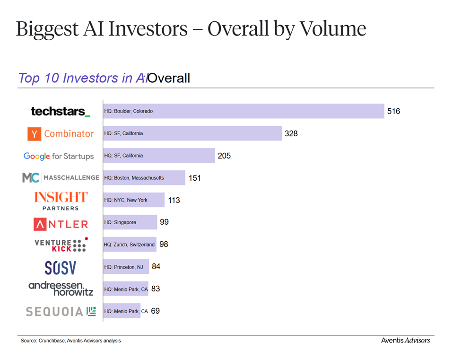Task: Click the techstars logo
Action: click(x=61, y=112)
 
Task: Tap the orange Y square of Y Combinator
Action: click(x=35, y=134)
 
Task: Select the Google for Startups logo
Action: click(x=59, y=156)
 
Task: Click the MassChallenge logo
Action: click(x=61, y=178)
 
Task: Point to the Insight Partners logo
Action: click(x=61, y=201)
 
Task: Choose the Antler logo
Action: click(x=61, y=224)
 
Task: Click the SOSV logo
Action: click(x=61, y=268)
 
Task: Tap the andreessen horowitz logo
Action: click(x=61, y=289)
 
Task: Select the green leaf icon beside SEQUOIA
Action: click(x=91, y=311)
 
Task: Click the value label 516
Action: click(x=393, y=111)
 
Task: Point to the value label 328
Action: click(x=291, y=133)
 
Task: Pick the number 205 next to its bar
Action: click(x=224, y=156)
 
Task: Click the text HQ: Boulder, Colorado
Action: click(x=129, y=111)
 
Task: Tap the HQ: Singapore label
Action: click(x=120, y=222)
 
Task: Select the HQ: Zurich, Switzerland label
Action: click(x=129, y=245)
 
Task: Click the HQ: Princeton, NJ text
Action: click(x=123, y=267)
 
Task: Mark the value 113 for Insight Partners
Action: click(x=174, y=200)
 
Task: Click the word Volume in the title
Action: click(x=333, y=29)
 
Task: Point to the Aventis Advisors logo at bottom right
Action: click(x=405, y=340)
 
